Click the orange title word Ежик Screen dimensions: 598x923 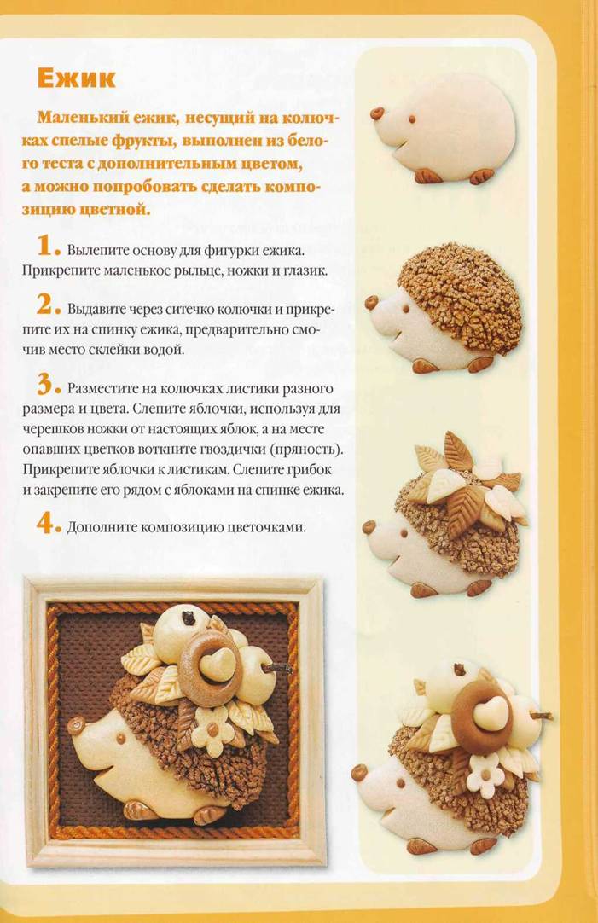(x=76, y=78)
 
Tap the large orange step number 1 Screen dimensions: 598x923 (x=44, y=245)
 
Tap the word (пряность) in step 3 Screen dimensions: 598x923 (x=306, y=450)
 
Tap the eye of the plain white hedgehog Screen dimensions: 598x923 (x=412, y=119)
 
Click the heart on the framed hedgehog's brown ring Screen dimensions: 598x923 (x=213, y=661)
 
